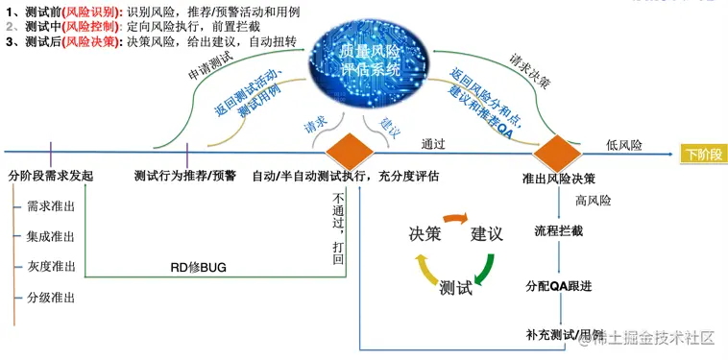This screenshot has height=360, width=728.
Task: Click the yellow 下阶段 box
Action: (704, 154)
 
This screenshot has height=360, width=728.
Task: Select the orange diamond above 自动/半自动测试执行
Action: (349, 151)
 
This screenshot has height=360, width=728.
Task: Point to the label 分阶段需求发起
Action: (51, 178)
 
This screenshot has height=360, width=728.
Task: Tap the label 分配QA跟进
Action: (560, 286)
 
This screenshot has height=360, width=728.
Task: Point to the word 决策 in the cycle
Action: (425, 233)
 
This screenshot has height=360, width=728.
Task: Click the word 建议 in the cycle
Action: (487, 233)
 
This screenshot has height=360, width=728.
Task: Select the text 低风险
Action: (624, 145)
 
